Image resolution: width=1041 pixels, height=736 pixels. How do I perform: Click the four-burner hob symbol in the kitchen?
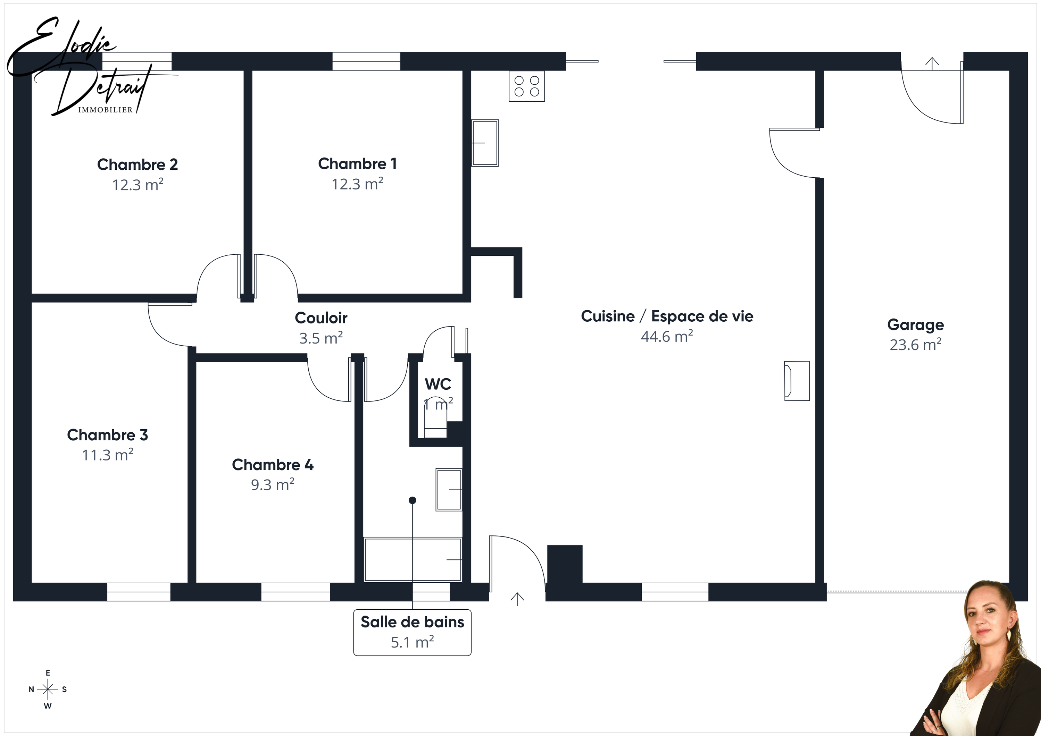(x=526, y=86)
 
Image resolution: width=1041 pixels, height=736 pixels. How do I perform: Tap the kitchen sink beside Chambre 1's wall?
(x=485, y=143)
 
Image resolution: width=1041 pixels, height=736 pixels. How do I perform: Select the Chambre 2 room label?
(x=138, y=164)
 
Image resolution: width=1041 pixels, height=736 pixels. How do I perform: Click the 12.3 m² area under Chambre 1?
(x=357, y=184)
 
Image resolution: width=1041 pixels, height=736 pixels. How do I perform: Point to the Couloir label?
(x=321, y=318)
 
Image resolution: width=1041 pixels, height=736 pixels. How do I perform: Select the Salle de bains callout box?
(x=412, y=632)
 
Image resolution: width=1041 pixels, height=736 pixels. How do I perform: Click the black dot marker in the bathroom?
(x=412, y=500)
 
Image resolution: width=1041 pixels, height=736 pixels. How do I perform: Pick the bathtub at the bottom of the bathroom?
(x=412, y=559)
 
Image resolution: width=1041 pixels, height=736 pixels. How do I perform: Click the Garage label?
(x=915, y=325)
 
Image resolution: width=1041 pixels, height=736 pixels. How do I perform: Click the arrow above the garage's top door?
(x=932, y=63)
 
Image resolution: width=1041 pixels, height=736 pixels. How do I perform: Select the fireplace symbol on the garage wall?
(x=797, y=381)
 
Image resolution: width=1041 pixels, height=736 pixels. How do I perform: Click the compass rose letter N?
(x=31, y=689)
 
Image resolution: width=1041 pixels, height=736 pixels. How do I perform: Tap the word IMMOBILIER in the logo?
(x=105, y=110)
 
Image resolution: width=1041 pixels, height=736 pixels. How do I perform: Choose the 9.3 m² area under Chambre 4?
(x=273, y=485)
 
